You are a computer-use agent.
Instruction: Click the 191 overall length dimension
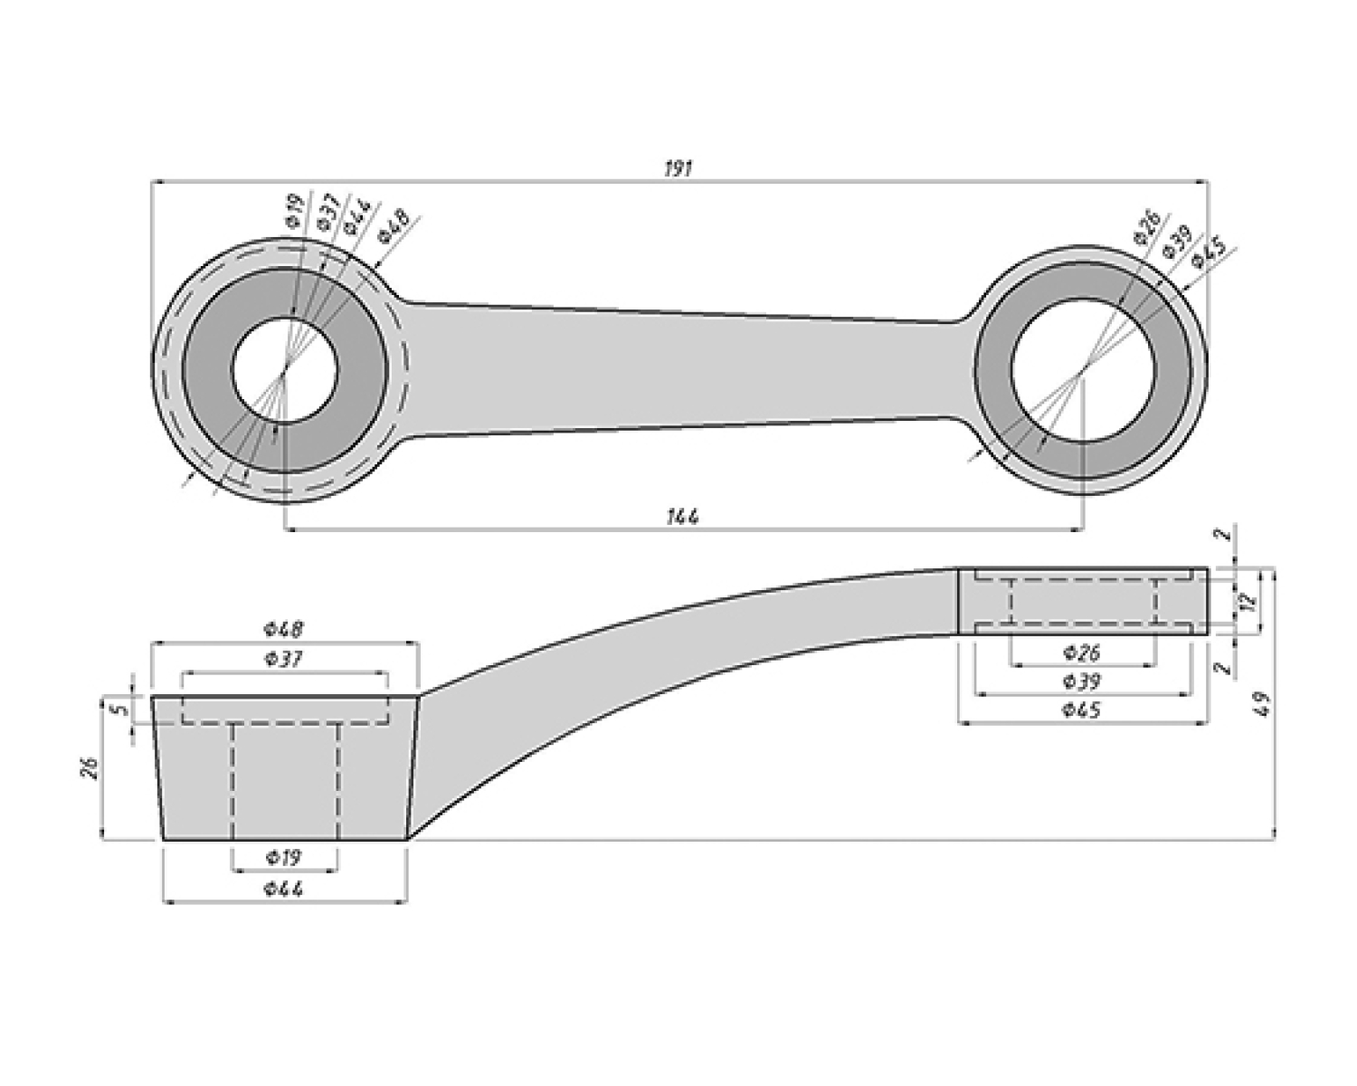coord(678,169)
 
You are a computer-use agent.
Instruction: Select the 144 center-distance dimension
coord(683,517)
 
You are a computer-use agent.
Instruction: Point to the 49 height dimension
coord(1265,703)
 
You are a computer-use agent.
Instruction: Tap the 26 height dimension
coord(89,768)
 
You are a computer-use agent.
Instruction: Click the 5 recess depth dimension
coord(115,710)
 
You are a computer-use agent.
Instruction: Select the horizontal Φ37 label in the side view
coord(284,660)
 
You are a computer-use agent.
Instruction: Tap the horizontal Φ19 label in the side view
coord(284,857)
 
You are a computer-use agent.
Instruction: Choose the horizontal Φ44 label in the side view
coord(284,889)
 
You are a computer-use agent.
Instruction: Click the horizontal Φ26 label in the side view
coord(1082,652)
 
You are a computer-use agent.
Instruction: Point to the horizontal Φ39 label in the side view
coord(1082,681)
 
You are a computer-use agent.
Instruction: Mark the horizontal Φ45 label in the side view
coord(1082,710)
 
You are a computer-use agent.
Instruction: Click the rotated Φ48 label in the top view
coord(394,225)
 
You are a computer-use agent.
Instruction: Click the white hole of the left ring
coord(285,370)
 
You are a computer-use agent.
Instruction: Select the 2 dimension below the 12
coord(1223,668)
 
